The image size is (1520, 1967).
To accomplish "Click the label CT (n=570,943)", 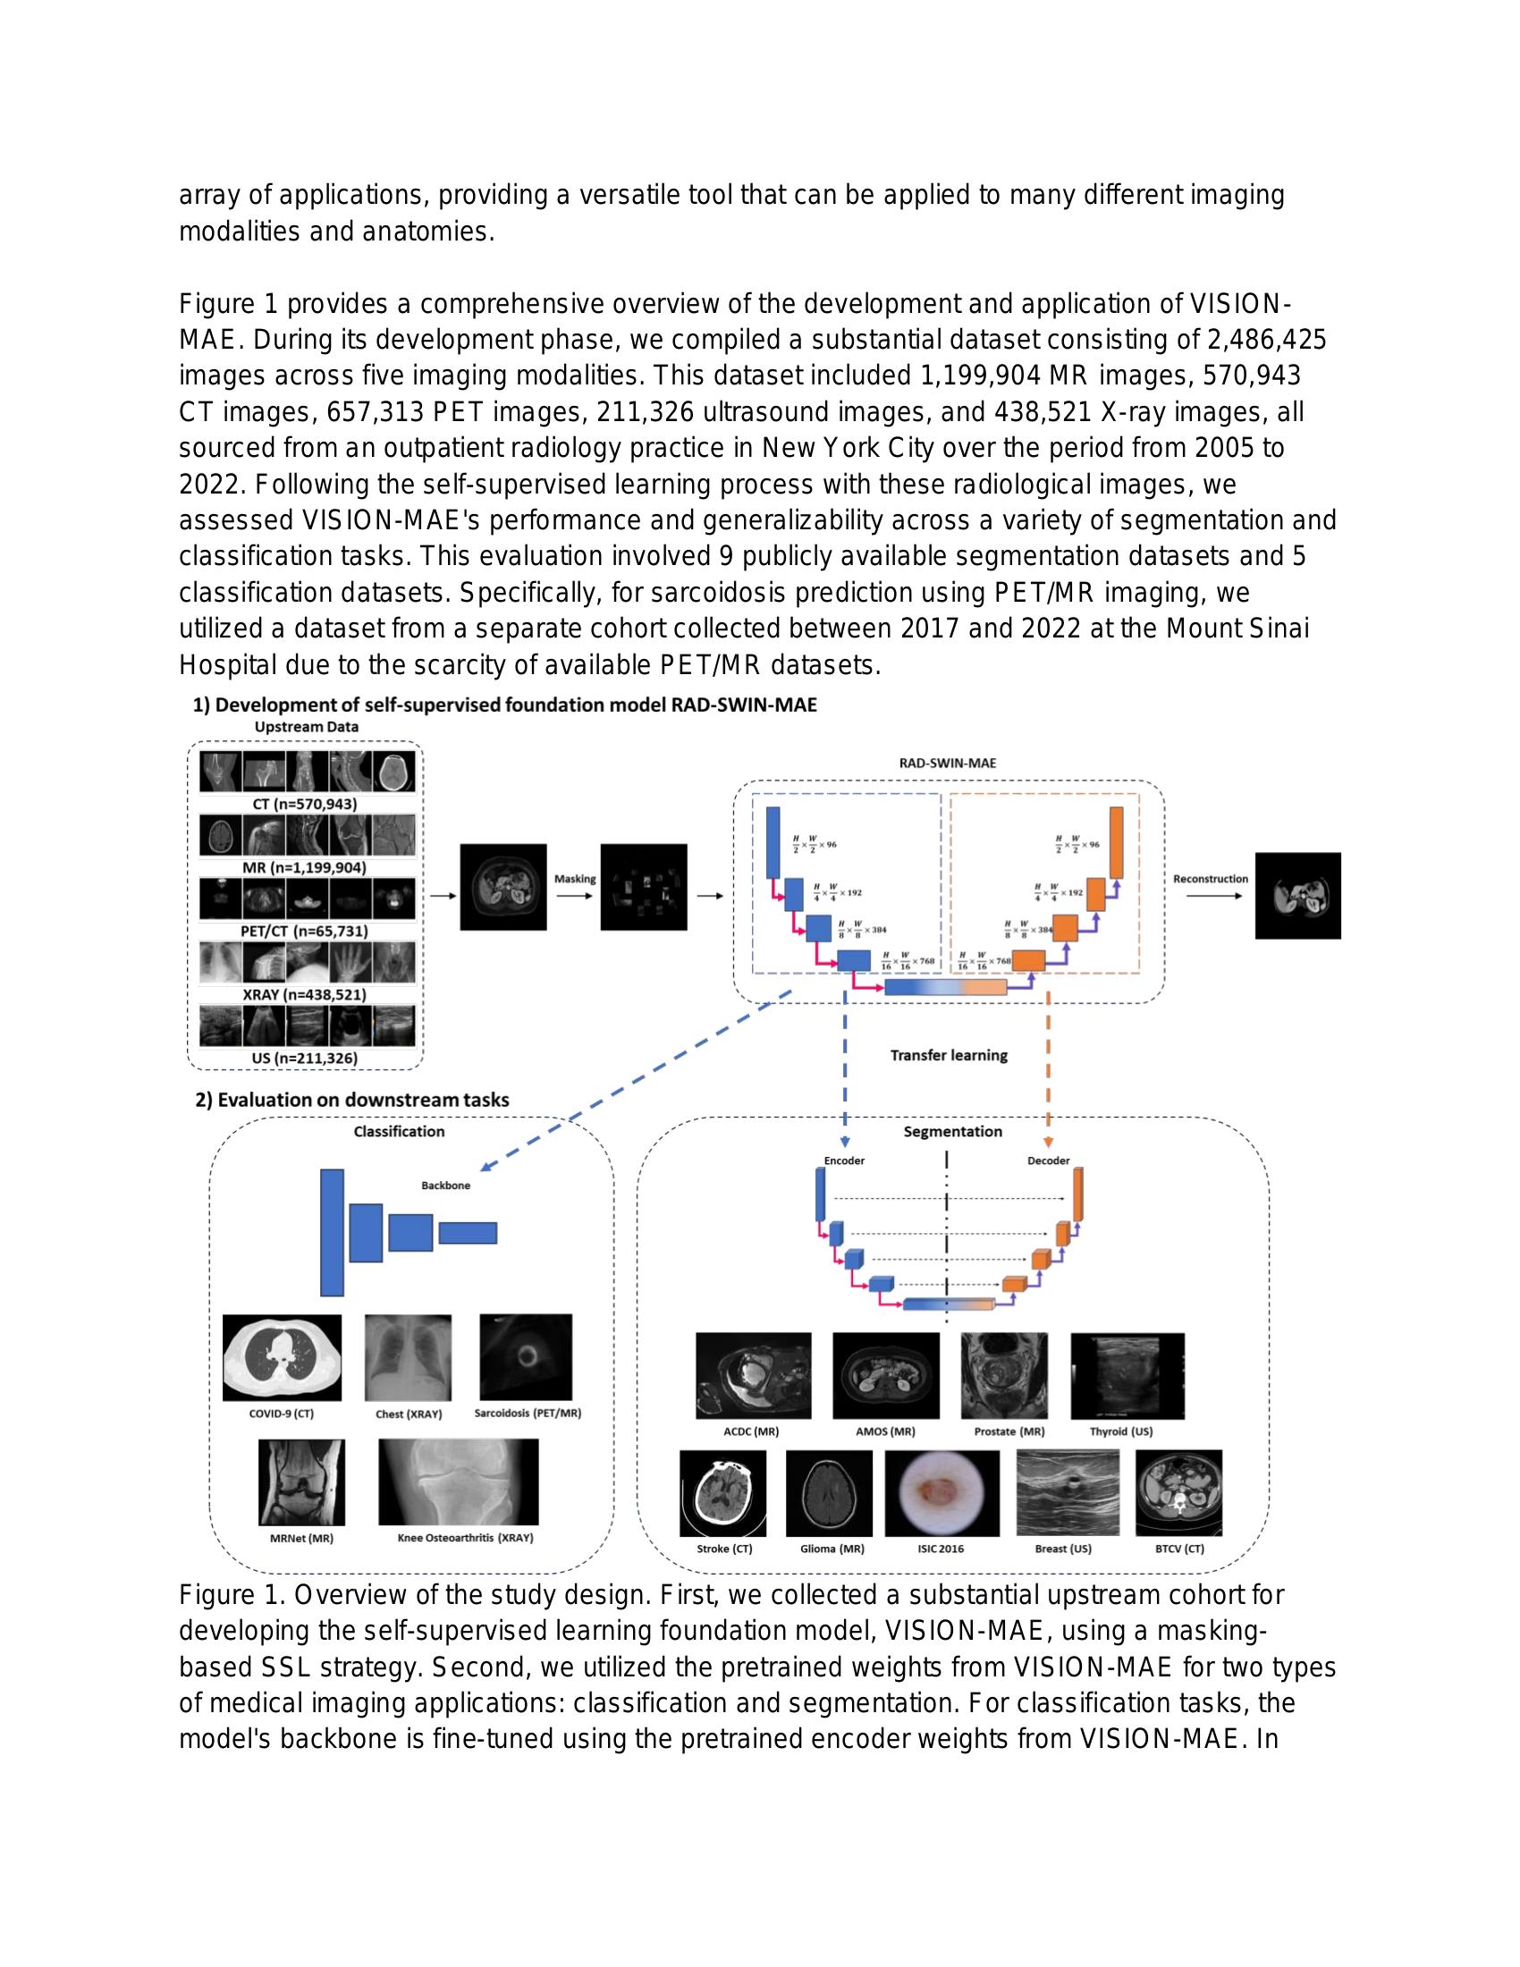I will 304,804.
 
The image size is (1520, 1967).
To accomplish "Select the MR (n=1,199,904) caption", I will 304,867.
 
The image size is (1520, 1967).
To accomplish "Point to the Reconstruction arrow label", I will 1211,878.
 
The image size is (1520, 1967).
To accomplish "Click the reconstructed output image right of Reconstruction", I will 1297,896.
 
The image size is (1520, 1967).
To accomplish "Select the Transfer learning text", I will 948,1055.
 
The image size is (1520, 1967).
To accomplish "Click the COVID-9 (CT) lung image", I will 282,1357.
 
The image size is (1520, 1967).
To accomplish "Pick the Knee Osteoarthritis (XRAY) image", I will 459,1482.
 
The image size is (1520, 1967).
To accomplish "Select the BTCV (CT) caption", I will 1178,1549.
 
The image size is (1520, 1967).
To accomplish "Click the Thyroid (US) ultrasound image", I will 1127,1375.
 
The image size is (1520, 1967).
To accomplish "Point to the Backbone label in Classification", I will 446,1186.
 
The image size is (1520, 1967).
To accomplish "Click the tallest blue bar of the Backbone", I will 332,1232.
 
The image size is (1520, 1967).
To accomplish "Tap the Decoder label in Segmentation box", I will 1048,1160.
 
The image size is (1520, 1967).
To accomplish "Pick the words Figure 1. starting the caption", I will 232,1595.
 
